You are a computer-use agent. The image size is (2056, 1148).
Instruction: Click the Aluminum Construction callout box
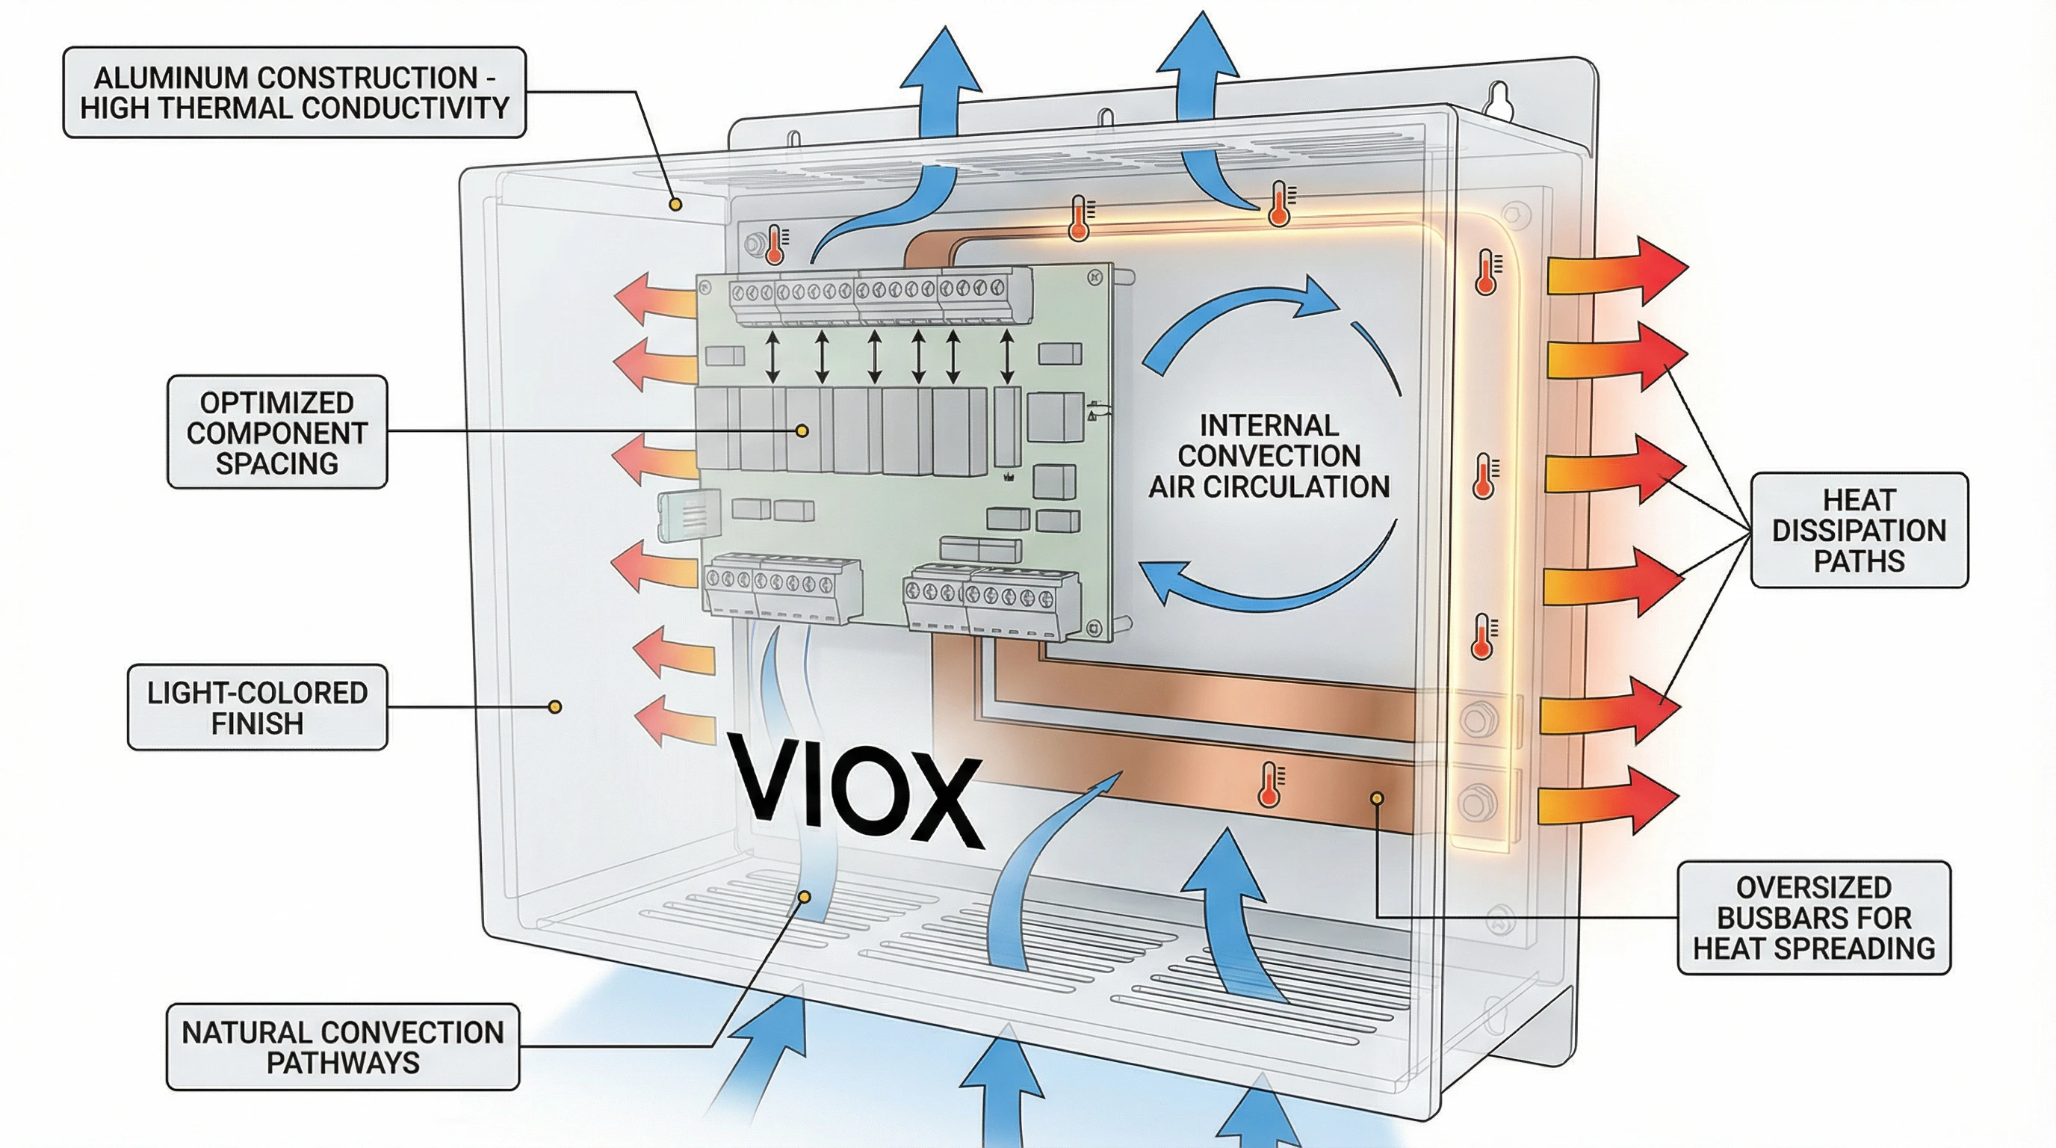pyautogui.click(x=294, y=93)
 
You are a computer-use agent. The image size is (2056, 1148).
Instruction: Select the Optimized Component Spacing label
pyautogui.click(x=277, y=433)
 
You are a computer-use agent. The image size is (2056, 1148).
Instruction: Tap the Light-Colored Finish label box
pyautogui.click(x=257, y=707)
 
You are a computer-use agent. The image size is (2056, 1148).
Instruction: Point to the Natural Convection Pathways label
pyautogui.click(x=342, y=1047)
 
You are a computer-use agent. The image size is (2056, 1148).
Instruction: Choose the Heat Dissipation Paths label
pyautogui.click(x=1859, y=531)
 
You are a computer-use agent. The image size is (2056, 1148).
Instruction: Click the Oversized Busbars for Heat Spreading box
pyautogui.click(x=1813, y=918)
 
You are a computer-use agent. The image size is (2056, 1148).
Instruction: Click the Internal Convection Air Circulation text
pyautogui.click(x=1269, y=456)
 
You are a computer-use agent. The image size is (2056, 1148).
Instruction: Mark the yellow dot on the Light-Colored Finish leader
pyautogui.click(x=556, y=706)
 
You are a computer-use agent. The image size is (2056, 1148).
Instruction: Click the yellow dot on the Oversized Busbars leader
pyautogui.click(x=1377, y=797)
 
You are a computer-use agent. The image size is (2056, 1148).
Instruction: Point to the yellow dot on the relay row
pyautogui.click(x=803, y=431)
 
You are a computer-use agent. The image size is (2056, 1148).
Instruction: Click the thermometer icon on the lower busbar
pyautogui.click(x=1269, y=784)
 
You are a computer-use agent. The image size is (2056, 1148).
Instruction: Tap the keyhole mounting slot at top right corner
pyautogui.click(x=1499, y=101)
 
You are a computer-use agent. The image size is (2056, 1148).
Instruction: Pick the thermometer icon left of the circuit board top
pyautogui.click(x=775, y=244)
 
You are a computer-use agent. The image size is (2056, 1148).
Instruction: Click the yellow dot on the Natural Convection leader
pyautogui.click(x=805, y=898)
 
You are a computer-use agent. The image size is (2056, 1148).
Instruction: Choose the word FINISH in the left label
pyautogui.click(x=257, y=723)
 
